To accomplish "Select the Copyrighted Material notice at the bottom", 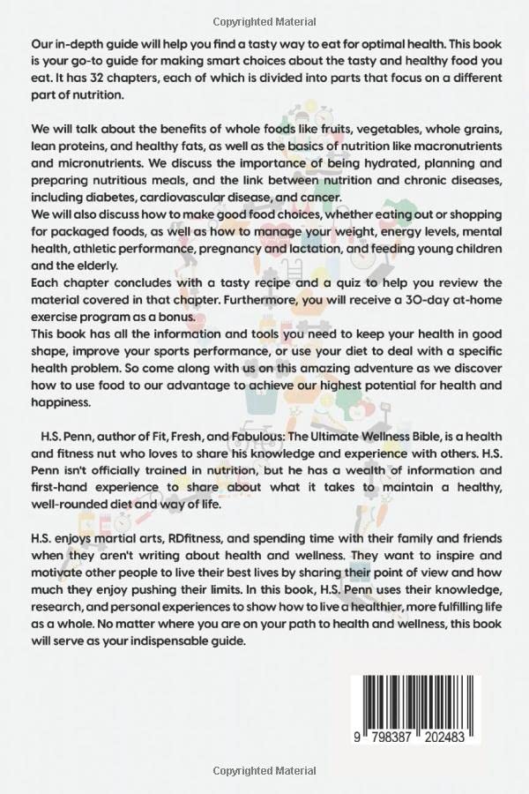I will (x=264, y=777).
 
